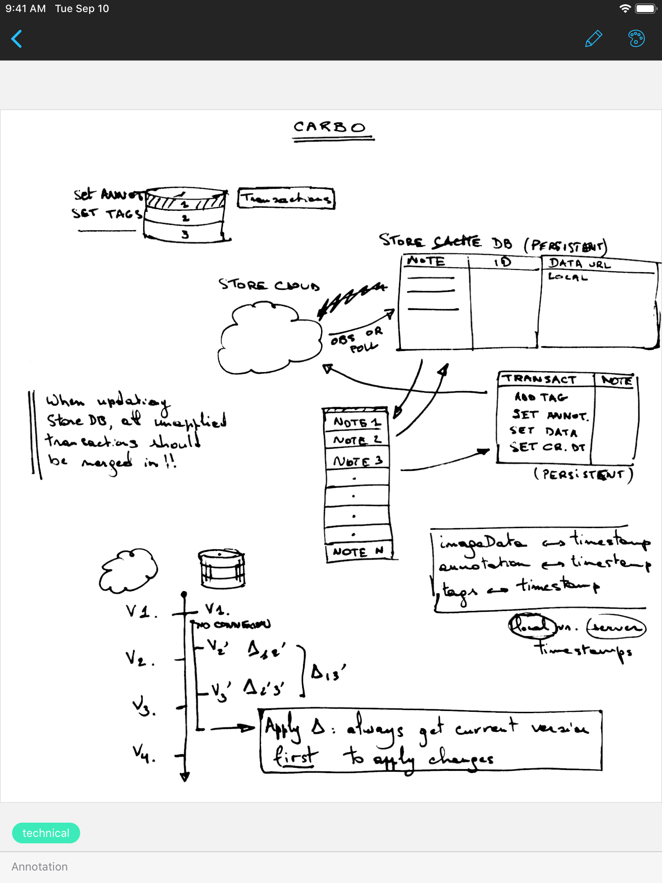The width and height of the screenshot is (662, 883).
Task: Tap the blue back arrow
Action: [x=17, y=39]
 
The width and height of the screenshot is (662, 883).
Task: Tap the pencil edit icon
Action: [x=593, y=39]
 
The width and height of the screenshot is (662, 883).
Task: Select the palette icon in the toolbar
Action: [x=636, y=39]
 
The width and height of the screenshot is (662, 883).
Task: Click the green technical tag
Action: [x=46, y=833]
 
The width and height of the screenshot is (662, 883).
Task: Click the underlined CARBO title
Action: [x=330, y=128]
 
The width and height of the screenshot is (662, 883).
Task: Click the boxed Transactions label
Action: [x=286, y=198]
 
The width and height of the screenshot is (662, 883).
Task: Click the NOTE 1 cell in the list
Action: [x=356, y=422]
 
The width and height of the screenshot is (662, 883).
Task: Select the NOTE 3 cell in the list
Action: [x=357, y=461]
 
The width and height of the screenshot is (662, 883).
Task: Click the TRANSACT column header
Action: [x=541, y=379]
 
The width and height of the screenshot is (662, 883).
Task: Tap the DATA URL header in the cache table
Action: [x=579, y=263]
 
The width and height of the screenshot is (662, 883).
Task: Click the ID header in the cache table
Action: [x=503, y=262]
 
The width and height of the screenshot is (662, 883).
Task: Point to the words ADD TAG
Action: [x=541, y=397]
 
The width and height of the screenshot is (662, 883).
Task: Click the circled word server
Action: [x=616, y=627]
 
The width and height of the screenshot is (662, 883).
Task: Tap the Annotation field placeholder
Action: [x=40, y=867]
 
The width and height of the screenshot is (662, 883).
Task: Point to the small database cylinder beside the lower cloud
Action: [x=222, y=568]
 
